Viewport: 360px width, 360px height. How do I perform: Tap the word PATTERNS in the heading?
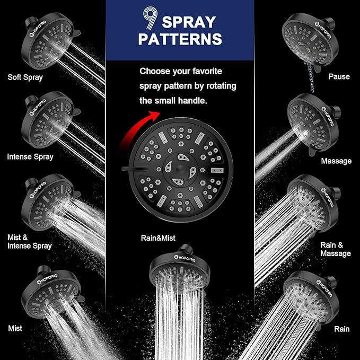180,39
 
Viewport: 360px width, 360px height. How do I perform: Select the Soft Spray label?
25,77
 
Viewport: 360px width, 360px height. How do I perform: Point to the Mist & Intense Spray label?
29,241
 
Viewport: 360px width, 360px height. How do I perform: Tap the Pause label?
339,76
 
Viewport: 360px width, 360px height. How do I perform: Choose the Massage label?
336,161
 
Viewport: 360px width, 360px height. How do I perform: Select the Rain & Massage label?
335,249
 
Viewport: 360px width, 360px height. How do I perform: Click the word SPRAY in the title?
189,21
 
